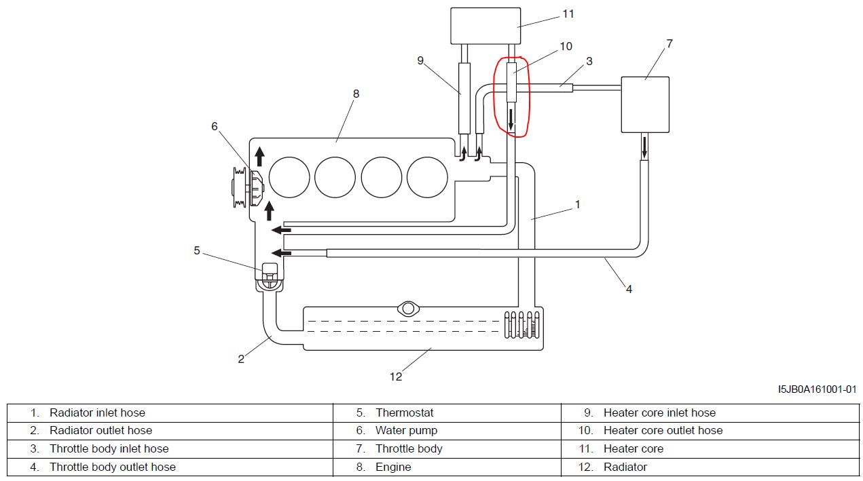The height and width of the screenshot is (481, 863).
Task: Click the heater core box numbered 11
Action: pos(485,26)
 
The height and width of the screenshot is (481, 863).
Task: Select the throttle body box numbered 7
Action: pos(645,104)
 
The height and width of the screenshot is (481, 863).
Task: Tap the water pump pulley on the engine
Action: pos(240,187)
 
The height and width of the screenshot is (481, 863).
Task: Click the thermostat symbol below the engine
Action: pos(270,277)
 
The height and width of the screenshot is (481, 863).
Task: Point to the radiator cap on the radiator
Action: pos(408,309)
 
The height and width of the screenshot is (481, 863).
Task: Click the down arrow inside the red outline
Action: pos(511,119)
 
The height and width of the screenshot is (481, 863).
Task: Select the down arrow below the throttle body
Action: pos(644,147)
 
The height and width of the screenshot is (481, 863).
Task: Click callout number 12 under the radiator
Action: pos(396,377)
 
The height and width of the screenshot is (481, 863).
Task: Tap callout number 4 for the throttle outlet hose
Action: pos(629,289)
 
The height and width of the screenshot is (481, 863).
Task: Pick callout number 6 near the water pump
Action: pos(215,126)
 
